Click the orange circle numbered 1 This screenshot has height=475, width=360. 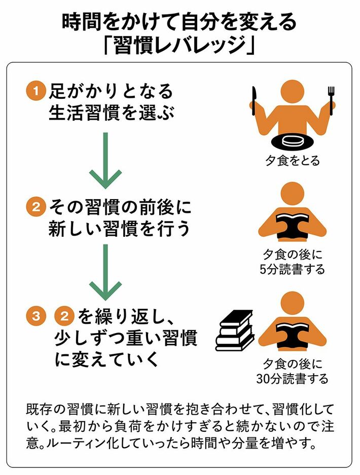point(36,91)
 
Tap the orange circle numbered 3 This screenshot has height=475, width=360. point(36,316)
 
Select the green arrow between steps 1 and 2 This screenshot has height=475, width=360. point(105,161)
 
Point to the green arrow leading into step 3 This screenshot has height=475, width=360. point(105,273)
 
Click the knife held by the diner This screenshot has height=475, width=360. point(255,101)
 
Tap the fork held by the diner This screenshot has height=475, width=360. point(331,101)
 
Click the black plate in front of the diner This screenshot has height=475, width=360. point(293,141)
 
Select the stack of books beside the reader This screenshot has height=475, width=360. point(234,331)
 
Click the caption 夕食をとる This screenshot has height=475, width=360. point(293,161)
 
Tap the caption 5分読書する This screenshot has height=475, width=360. point(293,269)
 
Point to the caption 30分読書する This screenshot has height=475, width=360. point(293,379)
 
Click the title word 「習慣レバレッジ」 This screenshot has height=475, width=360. point(180,46)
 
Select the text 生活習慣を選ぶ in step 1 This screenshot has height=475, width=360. point(112,113)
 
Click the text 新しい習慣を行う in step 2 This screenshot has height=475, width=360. point(119,228)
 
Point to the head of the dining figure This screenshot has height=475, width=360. point(293,92)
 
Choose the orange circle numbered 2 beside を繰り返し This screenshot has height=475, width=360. point(64,316)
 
